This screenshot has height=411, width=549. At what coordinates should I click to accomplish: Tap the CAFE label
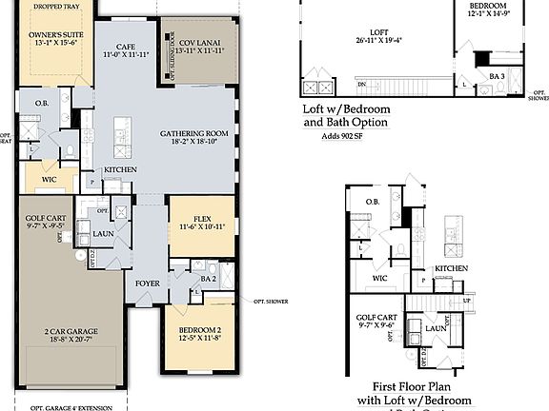[126, 46]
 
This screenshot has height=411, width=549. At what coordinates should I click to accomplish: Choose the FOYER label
[148, 282]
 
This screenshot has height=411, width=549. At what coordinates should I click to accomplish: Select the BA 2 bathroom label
[209, 279]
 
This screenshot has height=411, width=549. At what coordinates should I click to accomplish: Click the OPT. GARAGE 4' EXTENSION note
[71, 407]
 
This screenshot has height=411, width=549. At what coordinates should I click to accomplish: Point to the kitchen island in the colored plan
[122, 137]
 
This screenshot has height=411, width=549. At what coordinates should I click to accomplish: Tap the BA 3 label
[496, 76]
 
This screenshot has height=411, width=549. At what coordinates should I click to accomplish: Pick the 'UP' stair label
[466, 300]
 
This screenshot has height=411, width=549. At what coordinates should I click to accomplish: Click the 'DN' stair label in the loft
[363, 85]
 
